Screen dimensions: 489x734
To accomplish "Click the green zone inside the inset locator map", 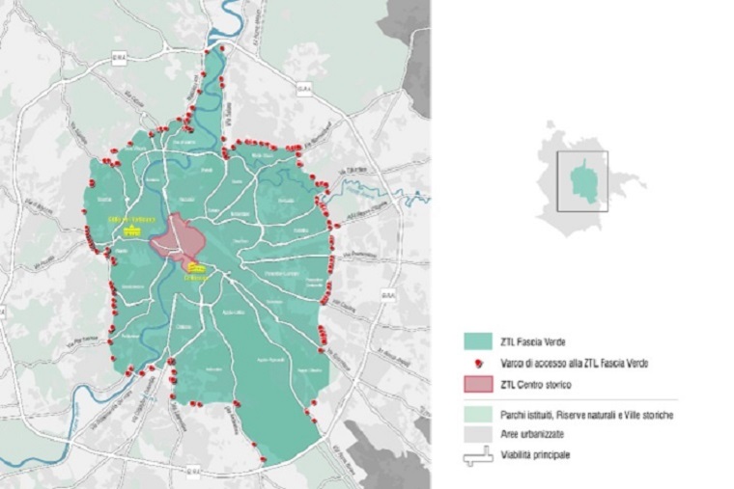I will point(580,178).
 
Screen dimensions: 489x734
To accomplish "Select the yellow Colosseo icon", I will point(196,267).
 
